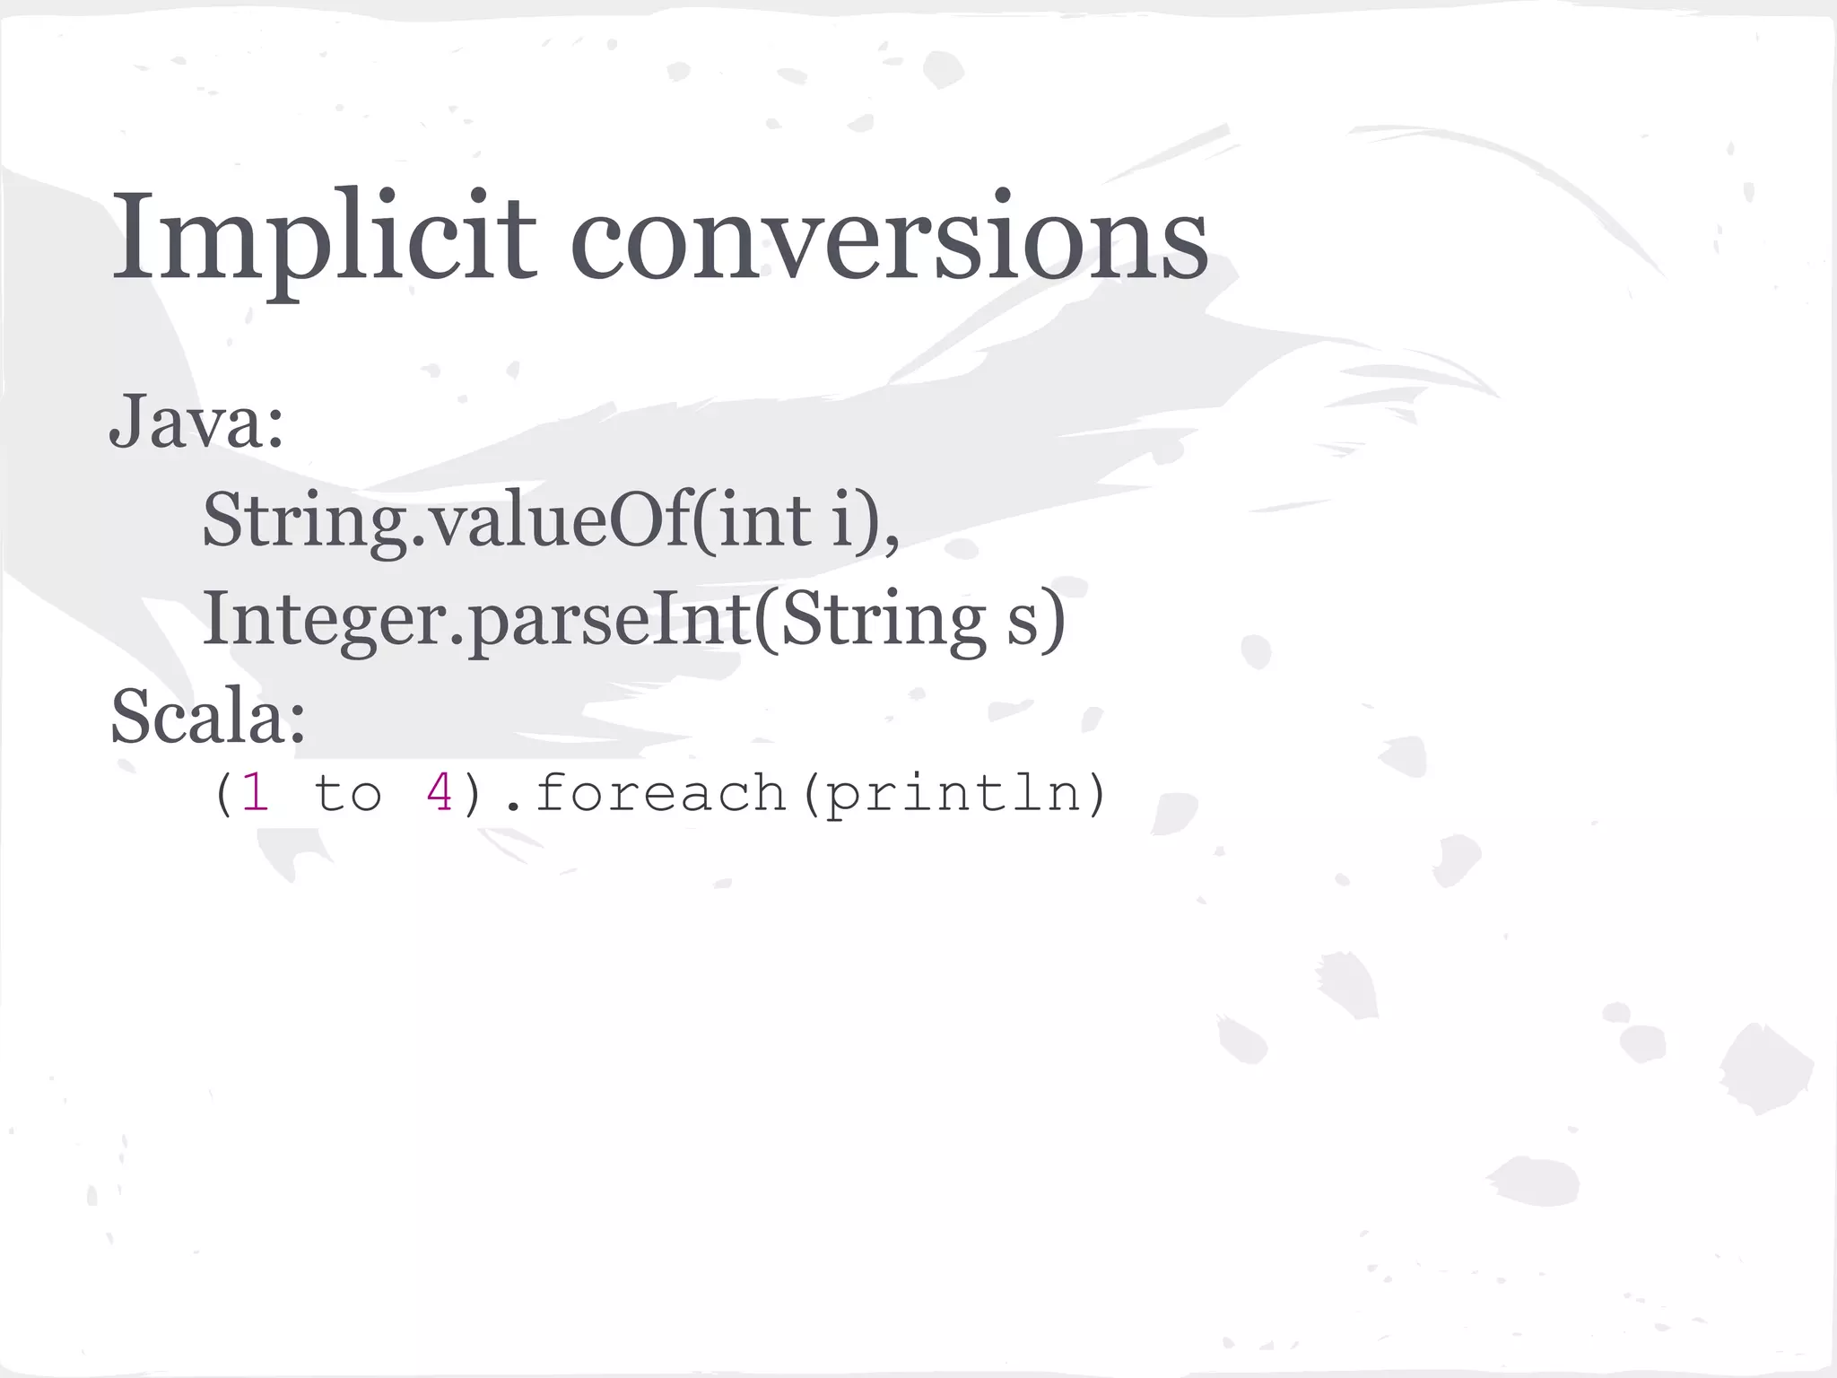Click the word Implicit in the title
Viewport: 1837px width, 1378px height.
click(323, 238)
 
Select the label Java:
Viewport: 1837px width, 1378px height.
click(196, 422)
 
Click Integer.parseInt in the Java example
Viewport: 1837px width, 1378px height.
click(476, 619)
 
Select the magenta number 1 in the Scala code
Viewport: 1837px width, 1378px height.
click(256, 793)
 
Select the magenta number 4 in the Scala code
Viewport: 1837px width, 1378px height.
click(440, 793)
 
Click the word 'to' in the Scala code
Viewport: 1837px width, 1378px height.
click(348, 793)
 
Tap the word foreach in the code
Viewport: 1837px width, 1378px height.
click(660, 793)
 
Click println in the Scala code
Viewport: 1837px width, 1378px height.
click(953, 793)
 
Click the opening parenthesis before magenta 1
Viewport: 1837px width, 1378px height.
click(223, 793)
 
